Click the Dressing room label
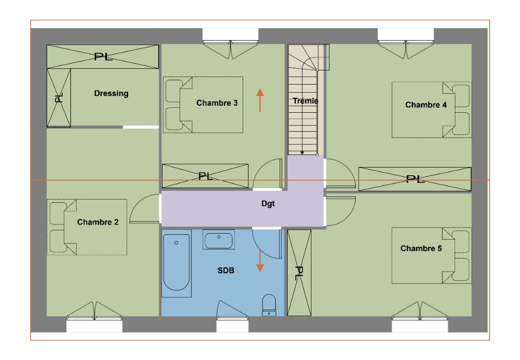[111, 93]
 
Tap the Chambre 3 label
[217, 102]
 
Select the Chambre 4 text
[426, 105]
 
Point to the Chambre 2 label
[97, 222]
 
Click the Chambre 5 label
[421, 248]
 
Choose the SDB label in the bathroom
[226, 271]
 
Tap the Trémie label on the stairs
[305, 101]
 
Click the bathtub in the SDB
[177, 262]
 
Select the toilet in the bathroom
[269, 305]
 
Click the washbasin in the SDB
[218, 239]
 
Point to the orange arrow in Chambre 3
[261, 100]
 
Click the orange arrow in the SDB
[260, 260]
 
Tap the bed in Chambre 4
[431, 110]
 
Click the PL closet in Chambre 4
[414, 179]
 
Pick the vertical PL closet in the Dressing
[58, 98]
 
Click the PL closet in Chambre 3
[205, 176]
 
